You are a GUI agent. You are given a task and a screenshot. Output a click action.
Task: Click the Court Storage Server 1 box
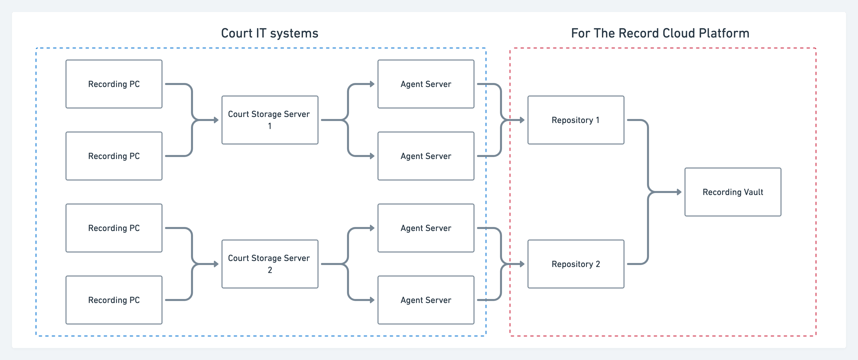pyautogui.click(x=270, y=120)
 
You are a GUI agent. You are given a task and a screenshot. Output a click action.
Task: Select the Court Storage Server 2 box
pyautogui.click(x=270, y=264)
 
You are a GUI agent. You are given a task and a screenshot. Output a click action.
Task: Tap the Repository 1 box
pyautogui.click(x=575, y=120)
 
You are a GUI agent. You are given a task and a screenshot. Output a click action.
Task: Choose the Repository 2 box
pyautogui.click(x=575, y=264)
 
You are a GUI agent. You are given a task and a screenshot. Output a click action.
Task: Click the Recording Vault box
pyautogui.click(x=732, y=192)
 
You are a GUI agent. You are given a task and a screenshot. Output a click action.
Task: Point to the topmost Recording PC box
pyautogui.click(x=114, y=84)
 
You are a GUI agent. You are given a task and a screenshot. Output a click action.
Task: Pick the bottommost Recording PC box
pyautogui.click(x=114, y=300)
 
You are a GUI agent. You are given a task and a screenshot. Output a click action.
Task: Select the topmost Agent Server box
pyautogui.click(x=426, y=84)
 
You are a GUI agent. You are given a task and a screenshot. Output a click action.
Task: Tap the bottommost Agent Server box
pyautogui.click(x=426, y=300)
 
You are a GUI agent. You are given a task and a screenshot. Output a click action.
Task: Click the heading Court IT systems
pyautogui.click(x=269, y=33)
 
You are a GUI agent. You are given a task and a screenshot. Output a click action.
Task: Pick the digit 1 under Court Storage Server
pyautogui.click(x=270, y=126)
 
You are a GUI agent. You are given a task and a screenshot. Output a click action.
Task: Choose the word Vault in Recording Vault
pyautogui.click(x=753, y=192)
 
